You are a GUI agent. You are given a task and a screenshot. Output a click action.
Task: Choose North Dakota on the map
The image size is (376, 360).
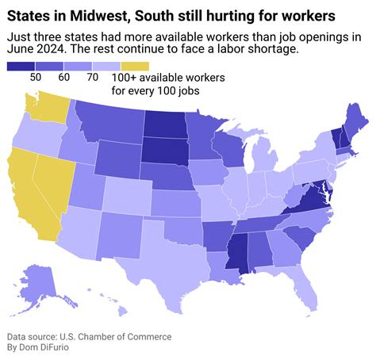(170, 124)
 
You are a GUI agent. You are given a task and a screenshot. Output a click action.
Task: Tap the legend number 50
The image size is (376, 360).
(36, 77)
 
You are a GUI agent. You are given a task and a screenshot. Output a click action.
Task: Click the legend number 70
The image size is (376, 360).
(92, 77)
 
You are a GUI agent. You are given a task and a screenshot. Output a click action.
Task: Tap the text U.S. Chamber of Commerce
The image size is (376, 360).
(112, 336)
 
